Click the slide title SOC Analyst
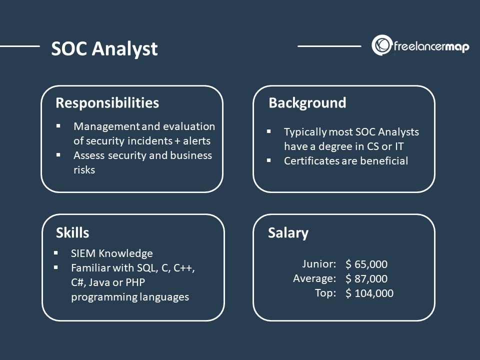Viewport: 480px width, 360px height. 104,49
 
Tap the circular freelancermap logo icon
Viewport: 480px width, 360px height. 381,45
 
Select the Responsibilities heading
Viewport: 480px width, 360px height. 107,103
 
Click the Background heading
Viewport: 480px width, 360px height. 307,103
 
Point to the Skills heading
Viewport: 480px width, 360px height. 72,232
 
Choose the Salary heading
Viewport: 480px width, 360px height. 288,233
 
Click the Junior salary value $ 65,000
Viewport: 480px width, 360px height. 366,264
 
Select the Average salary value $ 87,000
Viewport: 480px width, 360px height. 366,279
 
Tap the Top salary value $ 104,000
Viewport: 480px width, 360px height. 369,293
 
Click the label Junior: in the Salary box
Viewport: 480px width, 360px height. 319,264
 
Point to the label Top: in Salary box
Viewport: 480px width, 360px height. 325,293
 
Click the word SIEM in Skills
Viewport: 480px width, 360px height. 83,253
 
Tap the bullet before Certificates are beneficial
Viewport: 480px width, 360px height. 269,160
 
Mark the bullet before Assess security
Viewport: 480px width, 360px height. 58,155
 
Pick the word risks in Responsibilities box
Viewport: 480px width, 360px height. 84,170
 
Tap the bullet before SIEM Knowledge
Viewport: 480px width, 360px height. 56,253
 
